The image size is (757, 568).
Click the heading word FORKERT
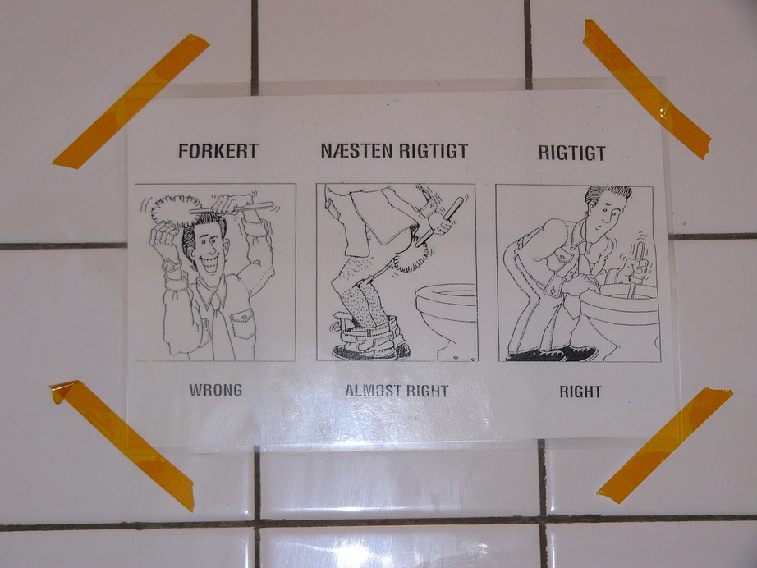pos(218,151)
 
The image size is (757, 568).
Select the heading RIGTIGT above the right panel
pos(571,153)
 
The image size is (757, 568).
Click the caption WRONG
pos(216,390)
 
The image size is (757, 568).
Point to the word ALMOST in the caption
pos(372,391)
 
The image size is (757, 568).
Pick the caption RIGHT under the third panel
pos(580,392)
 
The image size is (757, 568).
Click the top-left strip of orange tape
pos(131,101)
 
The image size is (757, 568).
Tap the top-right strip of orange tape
pos(647,89)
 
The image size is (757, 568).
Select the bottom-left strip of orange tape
pos(122,446)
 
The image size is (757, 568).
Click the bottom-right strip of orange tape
pos(665,446)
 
